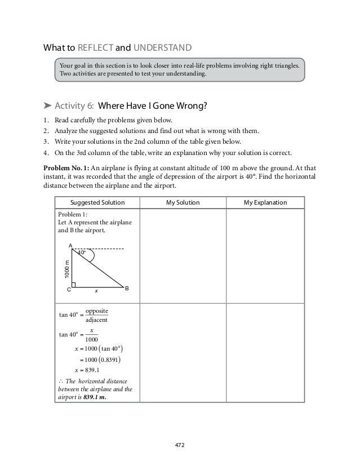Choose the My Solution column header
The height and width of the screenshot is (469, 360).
pos(183,202)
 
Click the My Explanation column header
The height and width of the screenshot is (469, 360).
pos(265,202)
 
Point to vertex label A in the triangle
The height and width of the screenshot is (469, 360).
pos(70,246)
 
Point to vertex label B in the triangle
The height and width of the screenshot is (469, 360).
pos(127,288)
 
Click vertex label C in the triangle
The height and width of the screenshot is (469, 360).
pos(69,289)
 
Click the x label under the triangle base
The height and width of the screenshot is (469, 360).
pos(96,291)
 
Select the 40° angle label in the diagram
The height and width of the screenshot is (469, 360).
pos(82,253)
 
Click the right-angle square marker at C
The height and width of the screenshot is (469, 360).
pos(74,285)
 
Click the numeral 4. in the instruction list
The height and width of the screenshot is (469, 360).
pos(46,152)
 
